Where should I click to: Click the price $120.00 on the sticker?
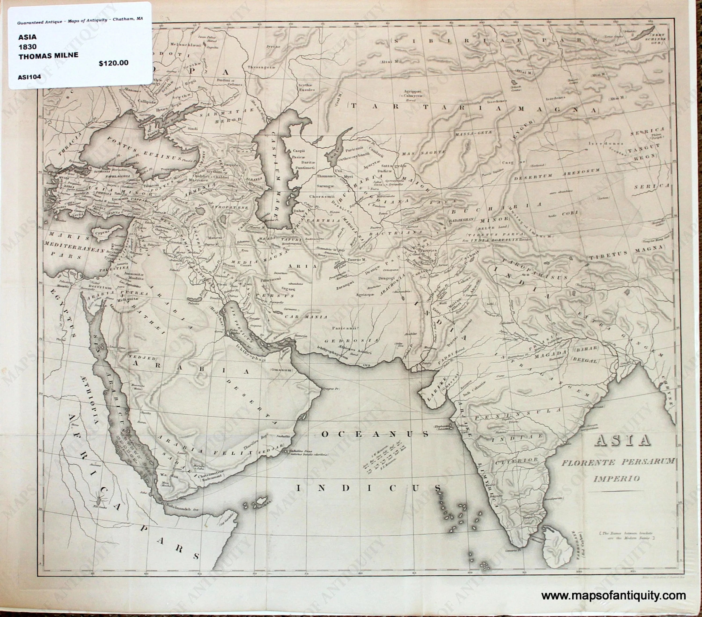coord(113,63)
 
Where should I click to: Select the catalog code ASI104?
coord(29,77)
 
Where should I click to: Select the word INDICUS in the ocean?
coord(369,488)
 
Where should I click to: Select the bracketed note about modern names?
coord(627,536)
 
